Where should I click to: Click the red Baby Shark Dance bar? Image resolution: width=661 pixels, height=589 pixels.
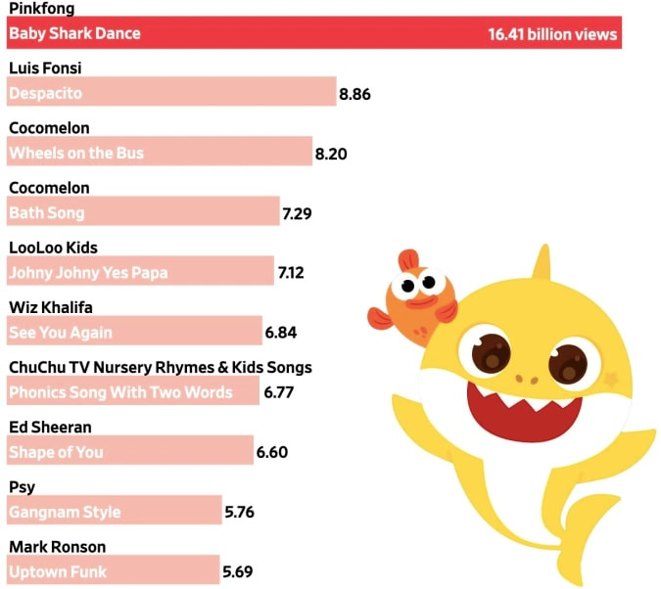click(313, 33)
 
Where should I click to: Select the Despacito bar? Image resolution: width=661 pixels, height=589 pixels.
click(171, 93)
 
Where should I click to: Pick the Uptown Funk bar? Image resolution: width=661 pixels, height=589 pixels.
click(113, 570)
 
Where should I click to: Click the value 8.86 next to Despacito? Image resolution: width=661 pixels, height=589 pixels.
click(354, 94)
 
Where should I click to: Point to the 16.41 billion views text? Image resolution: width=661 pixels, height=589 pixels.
click(552, 34)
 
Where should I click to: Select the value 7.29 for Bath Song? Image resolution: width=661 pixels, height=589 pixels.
click(297, 213)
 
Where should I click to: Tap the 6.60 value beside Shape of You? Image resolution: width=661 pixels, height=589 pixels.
click(271, 452)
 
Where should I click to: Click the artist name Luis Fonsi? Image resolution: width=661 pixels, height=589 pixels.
click(44, 68)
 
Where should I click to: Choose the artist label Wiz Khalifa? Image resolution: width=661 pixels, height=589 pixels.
click(50, 307)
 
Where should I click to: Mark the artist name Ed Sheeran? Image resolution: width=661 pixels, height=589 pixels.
click(50, 427)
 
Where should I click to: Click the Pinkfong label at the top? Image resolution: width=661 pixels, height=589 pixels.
click(40, 8)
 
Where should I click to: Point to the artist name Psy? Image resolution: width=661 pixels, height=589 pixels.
click(21, 486)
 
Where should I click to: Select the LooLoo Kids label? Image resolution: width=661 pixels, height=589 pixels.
click(53, 248)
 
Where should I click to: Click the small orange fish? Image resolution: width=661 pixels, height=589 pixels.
click(416, 298)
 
